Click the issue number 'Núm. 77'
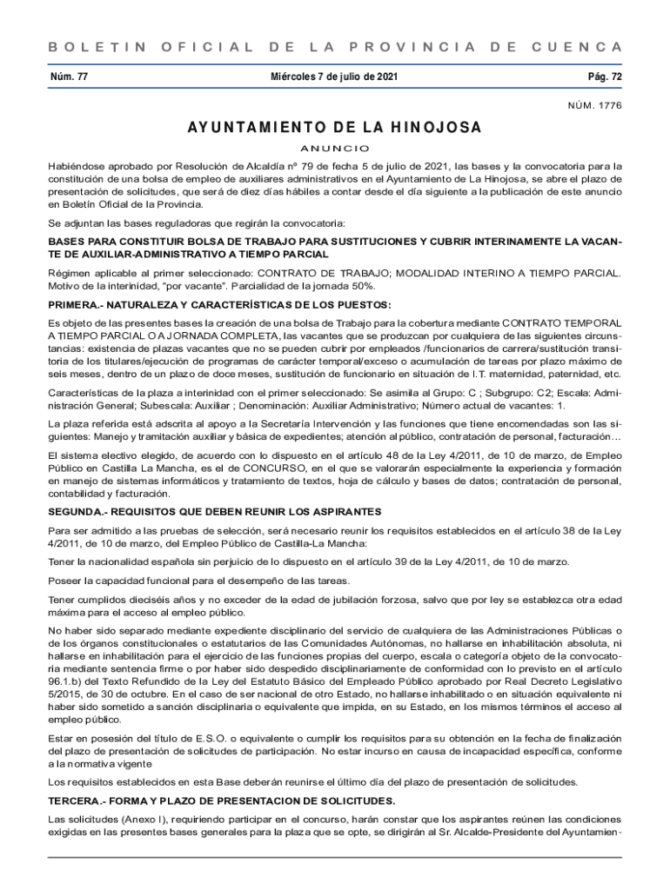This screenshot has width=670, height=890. tap(70, 76)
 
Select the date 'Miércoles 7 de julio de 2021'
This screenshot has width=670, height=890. tap(335, 76)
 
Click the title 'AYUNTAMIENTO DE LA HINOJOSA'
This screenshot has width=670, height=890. tap(334, 128)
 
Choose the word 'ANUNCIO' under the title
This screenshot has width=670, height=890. tap(335, 148)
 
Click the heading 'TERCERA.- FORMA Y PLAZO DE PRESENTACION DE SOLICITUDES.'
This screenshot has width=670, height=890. tap(222, 800)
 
